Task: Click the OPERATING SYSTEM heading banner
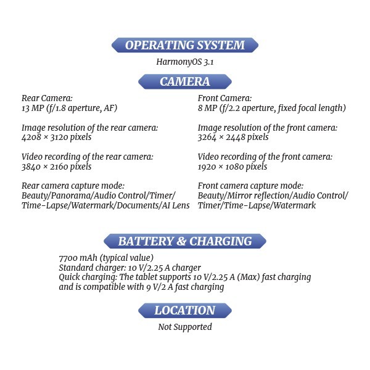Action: (184, 45)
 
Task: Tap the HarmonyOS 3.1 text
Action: (185, 62)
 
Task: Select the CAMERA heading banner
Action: (184, 81)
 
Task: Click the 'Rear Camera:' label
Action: (47, 98)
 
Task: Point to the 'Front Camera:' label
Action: (224, 98)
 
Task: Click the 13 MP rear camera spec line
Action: (69, 108)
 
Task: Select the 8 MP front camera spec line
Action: (271, 108)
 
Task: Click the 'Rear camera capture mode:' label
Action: (73, 186)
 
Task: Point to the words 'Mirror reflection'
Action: (261, 195)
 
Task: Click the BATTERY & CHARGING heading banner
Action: (184, 241)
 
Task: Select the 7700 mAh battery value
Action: (105, 258)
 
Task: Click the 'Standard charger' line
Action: (129, 268)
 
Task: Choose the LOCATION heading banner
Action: (184, 310)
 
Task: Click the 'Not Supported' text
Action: (185, 327)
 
